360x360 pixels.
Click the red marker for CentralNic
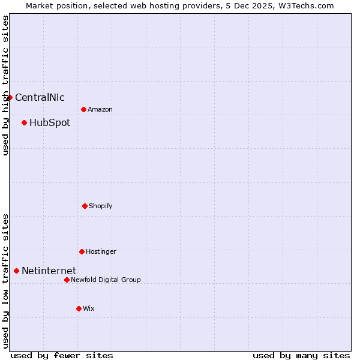[10, 97]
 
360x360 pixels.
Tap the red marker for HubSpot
[24, 122]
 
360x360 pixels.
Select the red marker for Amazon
[83, 109]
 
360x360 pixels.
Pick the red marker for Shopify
[85, 206]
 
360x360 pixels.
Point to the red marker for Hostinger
[82, 251]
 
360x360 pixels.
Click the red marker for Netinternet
[16, 271]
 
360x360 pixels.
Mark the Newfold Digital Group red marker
[67, 280]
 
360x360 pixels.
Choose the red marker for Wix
[79, 308]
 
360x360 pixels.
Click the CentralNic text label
[40, 98]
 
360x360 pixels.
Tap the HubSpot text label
[50, 123]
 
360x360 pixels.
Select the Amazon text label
[100, 110]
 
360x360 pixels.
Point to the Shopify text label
[101, 206]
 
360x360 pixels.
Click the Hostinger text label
[101, 252]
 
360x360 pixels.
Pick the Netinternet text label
[49, 271]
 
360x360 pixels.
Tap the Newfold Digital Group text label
[106, 280]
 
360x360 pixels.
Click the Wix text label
[89, 309]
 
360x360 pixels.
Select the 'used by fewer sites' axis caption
[62, 355]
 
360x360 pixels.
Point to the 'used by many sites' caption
[301, 355]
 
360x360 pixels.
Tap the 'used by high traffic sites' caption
[5, 85]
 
